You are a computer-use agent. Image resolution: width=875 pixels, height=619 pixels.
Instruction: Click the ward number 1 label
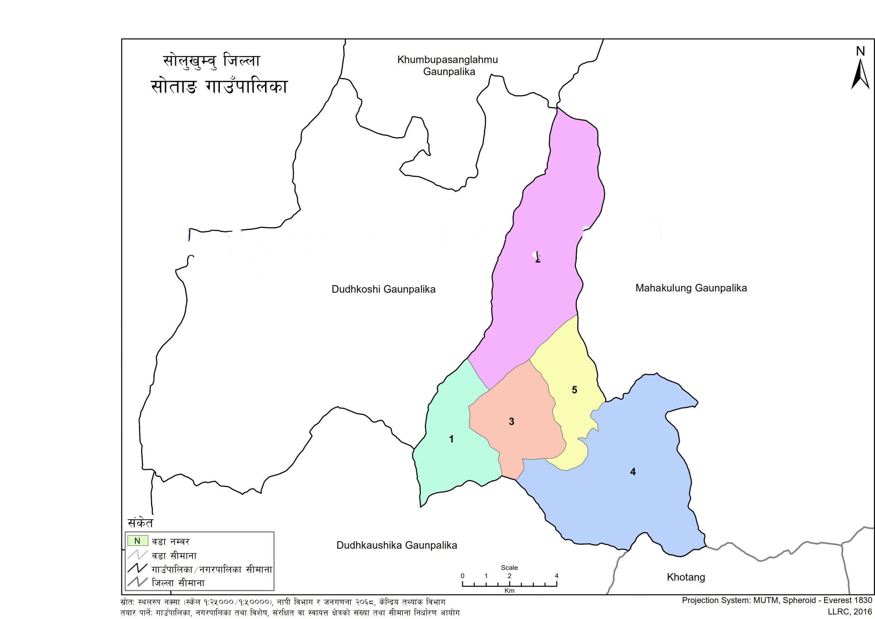click(x=452, y=439)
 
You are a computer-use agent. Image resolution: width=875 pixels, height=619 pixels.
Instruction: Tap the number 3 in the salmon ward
click(x=511, y=422)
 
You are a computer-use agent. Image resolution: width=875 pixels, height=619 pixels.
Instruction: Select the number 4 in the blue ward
click(x=633, y=472)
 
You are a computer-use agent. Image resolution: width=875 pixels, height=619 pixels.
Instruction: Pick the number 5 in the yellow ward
click(x=575, y=390)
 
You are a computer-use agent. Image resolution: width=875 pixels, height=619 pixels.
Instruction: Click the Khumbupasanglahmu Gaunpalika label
click(x=448, y=66)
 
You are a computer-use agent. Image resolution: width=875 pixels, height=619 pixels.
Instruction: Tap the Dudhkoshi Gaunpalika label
click(x=383, y=289)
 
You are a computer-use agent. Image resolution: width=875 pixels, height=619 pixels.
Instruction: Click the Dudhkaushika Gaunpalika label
click(x=396, y=546)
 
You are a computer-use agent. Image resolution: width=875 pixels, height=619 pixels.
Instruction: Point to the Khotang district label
click(x=686, y=577)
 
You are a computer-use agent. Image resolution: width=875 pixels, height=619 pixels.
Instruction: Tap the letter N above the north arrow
click(x=860, y=51)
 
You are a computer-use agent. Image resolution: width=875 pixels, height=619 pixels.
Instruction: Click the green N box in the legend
click(x=137, y=541)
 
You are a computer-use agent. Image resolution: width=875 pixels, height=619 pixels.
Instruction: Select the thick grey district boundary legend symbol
click(x=137, y=582)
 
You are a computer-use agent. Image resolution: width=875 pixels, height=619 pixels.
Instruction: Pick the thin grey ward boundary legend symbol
click(x=137, y=555)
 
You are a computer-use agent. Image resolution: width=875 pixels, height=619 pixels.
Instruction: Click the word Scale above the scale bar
click(x=509, y=567)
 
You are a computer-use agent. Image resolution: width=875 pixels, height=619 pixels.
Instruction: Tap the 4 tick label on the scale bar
click(x=556, y=576)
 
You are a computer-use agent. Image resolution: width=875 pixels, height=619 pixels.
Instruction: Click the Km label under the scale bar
click(x=509, y=591)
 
